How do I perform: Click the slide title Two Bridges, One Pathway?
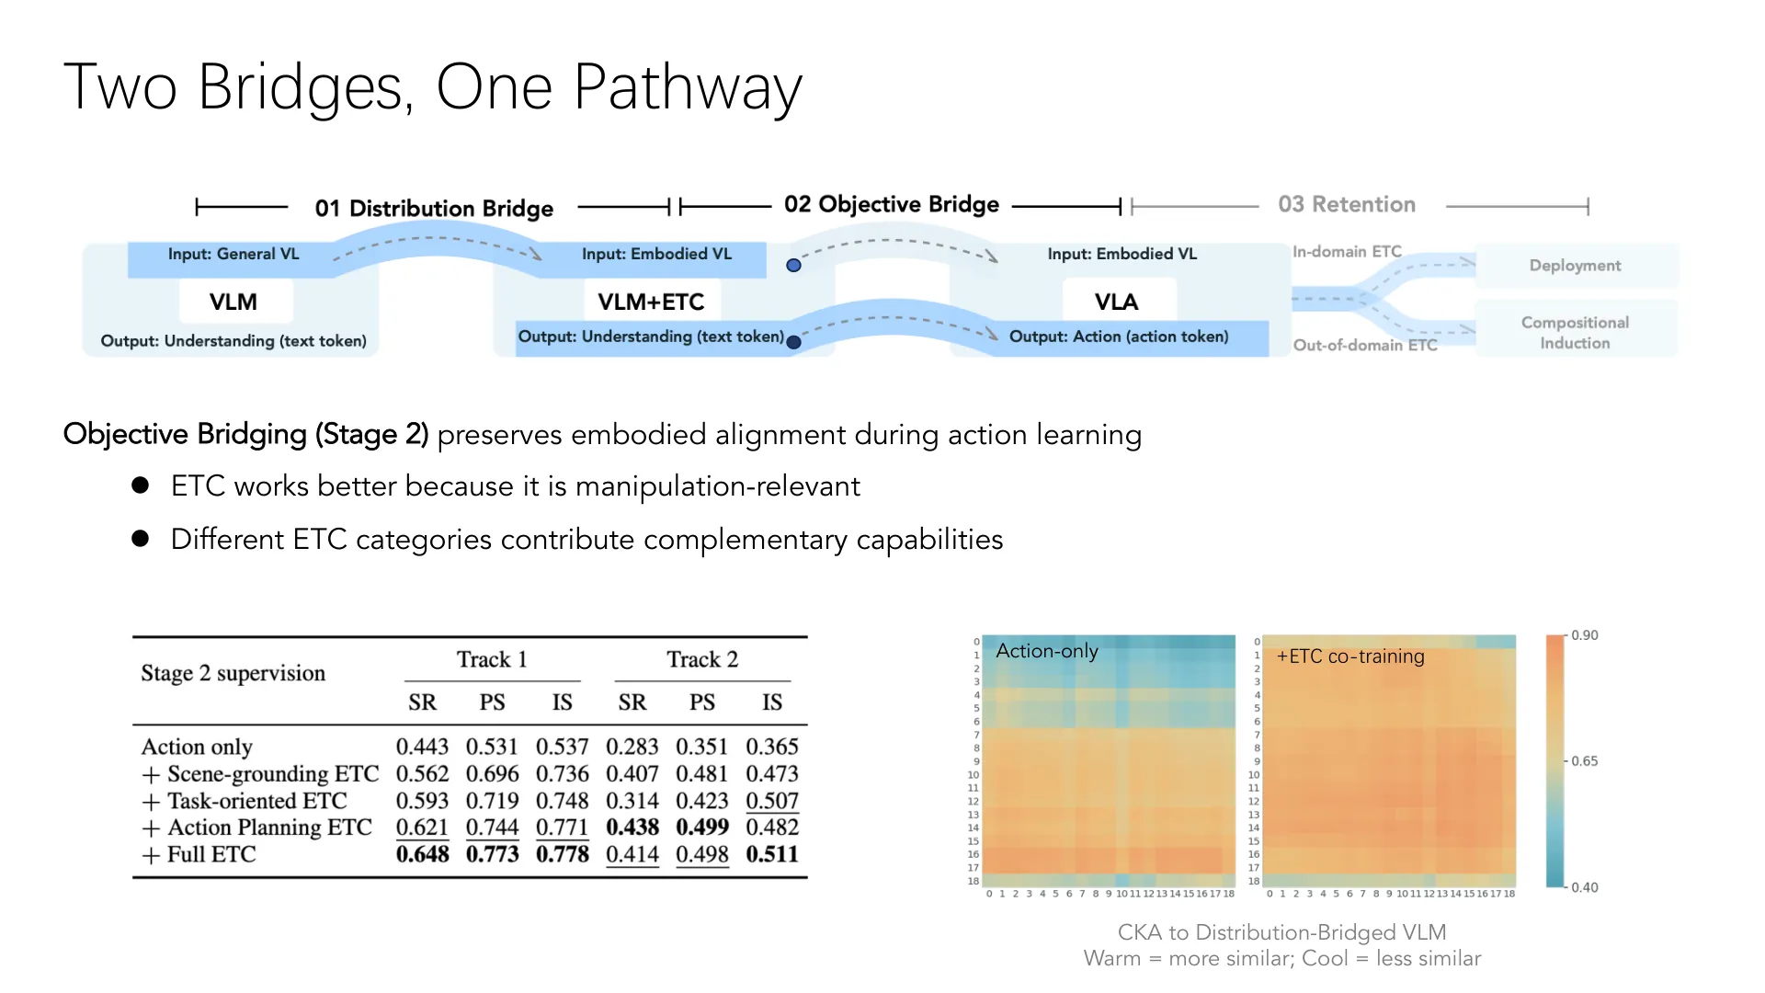pos(433,88)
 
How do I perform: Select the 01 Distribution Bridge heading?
pos(434,209)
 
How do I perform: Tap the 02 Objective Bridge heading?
pos(892,204)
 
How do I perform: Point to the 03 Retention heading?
pos(1347,204)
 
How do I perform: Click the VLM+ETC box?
pos(651,302)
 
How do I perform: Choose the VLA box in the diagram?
pos(1116,302)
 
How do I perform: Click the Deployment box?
pos(1576,266)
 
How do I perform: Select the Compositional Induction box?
pos(1576,332)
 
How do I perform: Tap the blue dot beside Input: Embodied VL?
pos(793,266)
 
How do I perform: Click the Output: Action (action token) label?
pos(1119,337)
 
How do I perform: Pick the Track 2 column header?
pos(702,659)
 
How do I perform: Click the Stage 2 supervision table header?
pos(233,673)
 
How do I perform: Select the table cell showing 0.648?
pos(422,854)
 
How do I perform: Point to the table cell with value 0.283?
pos(632,747)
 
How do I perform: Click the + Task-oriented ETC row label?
pos(245,801)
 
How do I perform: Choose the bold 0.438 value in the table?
pos(632,827)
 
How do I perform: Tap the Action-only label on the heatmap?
pos(1047,651)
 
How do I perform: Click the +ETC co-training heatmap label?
pos(1350,656)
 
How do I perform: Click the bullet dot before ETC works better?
pos(141,485)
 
